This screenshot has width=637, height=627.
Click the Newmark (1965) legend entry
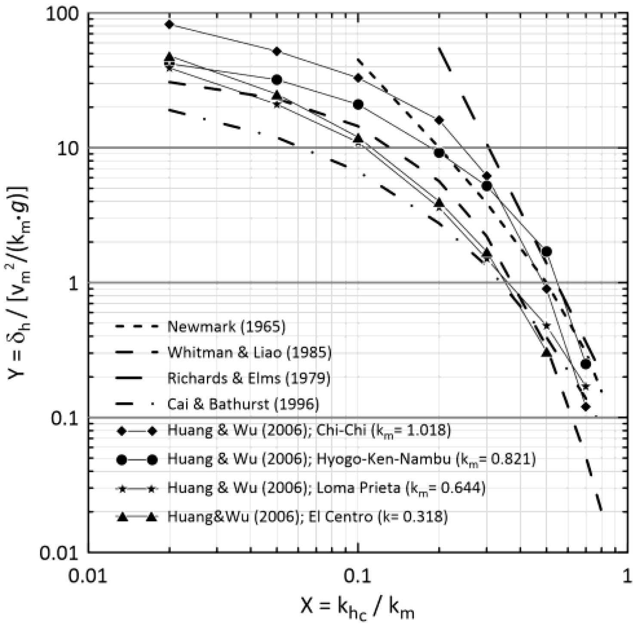pyautogui.click(x=226, y=327)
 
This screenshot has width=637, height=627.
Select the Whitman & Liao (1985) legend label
pyautogui.click(x=249, y=352)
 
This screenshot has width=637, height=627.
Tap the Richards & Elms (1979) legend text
pyautogui.click(x=249, y=378)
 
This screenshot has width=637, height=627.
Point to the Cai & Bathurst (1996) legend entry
pyautogui.click(x=243, y=404)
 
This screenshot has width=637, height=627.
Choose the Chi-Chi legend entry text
pyautogui.click(x=309, y=430)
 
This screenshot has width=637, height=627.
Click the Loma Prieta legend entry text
pyautogui.click(x=326, y=488)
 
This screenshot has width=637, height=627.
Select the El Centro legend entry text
pyautogui.click(x=307, y=516)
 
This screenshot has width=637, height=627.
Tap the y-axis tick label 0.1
pyautogui.click(x=65, y=418)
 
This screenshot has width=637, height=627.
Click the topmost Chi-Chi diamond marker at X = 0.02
pyautogui.click(x=169, y=24)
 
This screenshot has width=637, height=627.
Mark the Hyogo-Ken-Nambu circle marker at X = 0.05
pyautogui.click(x=277, y=80)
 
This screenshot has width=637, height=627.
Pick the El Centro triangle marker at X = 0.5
pyautogui.click(x=546, y=352)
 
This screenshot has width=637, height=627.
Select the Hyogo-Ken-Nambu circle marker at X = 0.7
pyautogui.click(x=585, y=364)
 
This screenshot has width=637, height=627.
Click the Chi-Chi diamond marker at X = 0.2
pyautogui.click(x=439, y=120)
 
